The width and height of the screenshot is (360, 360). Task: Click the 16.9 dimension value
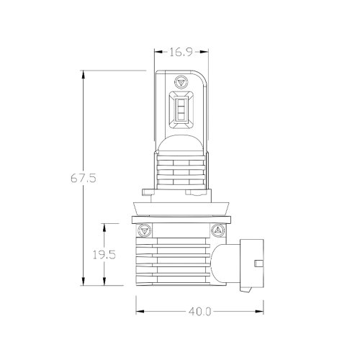click(x=181, y=52)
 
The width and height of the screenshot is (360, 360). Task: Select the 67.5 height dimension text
click(x=84, y=179)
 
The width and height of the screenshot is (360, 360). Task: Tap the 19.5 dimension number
click(x=104, y=255)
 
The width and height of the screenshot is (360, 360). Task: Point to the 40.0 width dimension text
click(x=199, y=312)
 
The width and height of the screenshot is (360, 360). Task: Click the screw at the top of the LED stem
click(x=181, y=81)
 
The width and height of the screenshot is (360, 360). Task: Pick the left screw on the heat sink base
click(x=144, y=230)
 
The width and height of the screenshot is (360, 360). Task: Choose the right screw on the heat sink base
click(x=218, y=230)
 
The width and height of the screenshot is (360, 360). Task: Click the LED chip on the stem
click(x=181, y=109)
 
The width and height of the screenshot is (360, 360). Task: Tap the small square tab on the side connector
click(x=258, y=263)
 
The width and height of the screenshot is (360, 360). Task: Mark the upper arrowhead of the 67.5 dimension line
click(x=84, y=74)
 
